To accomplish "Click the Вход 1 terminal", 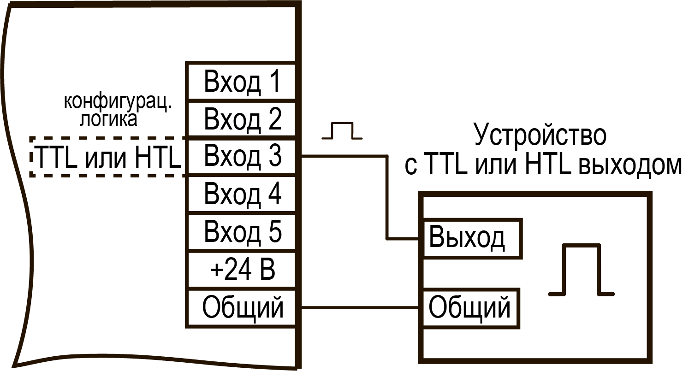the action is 241,81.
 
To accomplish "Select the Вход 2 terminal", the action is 241,119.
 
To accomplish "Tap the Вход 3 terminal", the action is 241,157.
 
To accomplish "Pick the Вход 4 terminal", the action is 241,194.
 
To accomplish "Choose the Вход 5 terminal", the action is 241,232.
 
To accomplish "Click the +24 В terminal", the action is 241,270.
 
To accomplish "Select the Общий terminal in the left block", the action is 241,308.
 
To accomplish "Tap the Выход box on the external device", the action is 472,239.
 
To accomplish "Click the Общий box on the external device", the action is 470,308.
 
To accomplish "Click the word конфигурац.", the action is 118,102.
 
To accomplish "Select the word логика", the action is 108,119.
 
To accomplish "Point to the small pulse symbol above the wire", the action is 342,131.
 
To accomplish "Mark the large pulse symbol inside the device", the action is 582,269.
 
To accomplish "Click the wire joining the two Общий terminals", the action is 360,308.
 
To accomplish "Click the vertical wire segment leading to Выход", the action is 387,197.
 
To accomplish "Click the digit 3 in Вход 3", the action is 275,156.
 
